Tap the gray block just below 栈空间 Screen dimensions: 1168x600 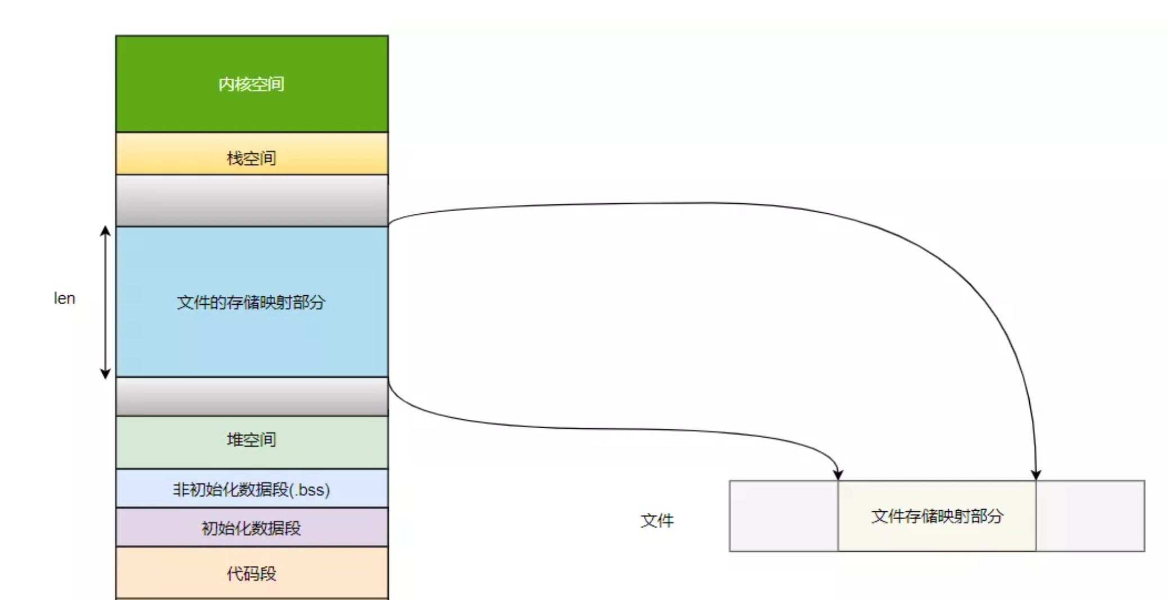pos(252,200)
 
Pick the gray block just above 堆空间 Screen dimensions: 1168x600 pos(252,396)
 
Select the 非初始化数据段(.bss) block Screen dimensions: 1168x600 pos(252,488)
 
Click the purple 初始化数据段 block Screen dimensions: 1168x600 pos(252,528)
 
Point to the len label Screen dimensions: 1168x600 pos(64,299)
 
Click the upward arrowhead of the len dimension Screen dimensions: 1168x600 pos(105,231)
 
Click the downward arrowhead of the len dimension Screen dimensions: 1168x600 pos(105,374)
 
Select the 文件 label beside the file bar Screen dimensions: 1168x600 pos(657,520)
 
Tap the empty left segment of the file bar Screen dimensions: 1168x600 pos(783,516)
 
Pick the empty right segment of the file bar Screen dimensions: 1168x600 pos(1090,516)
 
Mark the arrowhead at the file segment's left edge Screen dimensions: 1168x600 pos(838,475)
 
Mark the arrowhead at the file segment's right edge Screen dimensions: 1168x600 pos(1036,475)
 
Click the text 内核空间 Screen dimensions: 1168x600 pos(251,84)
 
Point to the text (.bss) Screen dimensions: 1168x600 pos(310,490)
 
